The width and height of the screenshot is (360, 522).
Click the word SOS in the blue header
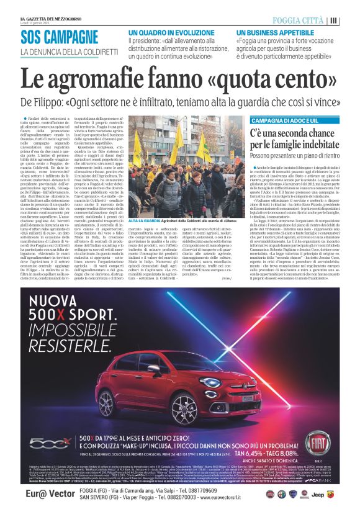34,37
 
